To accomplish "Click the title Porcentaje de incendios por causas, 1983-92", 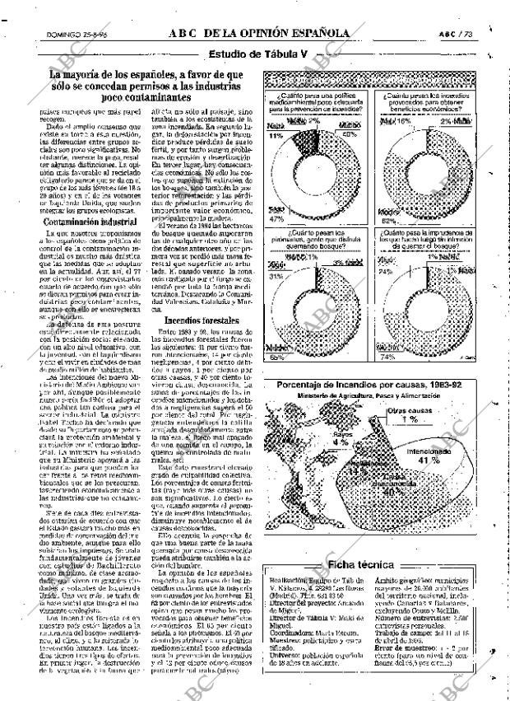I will [369, 386].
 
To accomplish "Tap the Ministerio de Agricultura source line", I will [369, 396].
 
